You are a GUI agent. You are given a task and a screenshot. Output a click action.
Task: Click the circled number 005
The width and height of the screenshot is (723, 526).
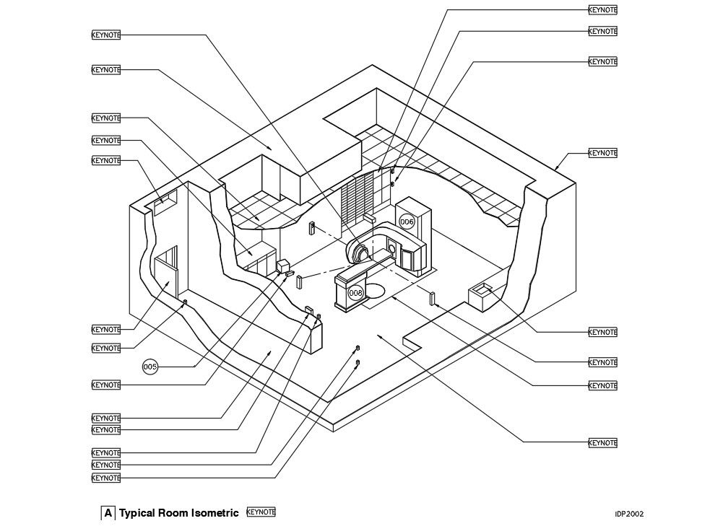click(x=150, y=367)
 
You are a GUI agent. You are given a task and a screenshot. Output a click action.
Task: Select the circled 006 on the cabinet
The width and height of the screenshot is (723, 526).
click(x=407, y=222)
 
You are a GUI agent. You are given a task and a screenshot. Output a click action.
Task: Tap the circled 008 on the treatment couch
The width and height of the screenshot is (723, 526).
click(x=355, y=294)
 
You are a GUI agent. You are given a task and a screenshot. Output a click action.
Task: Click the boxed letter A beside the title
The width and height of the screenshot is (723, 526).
click(x=108, y=514)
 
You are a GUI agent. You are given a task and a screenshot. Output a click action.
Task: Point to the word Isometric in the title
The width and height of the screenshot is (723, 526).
click(x=215, y=514)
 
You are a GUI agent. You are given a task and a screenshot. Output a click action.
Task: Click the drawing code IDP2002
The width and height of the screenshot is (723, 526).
click(x=629, y=514)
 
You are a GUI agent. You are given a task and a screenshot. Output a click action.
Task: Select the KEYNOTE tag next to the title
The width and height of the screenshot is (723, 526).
click(x=261, y=512)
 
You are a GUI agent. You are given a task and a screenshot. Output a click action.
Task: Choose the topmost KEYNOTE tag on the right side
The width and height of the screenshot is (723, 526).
click(x=602, y=10)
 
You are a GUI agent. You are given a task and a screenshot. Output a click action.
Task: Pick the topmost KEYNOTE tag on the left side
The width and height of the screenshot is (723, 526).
click(x=106, y=35)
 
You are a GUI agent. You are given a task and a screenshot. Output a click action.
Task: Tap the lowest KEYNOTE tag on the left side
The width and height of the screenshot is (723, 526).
click(x=106, y=478)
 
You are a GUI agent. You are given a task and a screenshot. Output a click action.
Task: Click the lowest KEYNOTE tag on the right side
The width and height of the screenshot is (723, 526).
click(x=602, y=442)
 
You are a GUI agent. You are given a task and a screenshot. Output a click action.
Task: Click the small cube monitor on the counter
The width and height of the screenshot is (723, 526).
click(x=284, y=266)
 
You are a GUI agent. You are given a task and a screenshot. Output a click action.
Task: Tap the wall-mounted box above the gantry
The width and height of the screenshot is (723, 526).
click(x=369, y=216)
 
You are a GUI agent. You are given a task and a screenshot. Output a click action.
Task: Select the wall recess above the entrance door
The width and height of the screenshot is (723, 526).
click(x=163, y=200)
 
